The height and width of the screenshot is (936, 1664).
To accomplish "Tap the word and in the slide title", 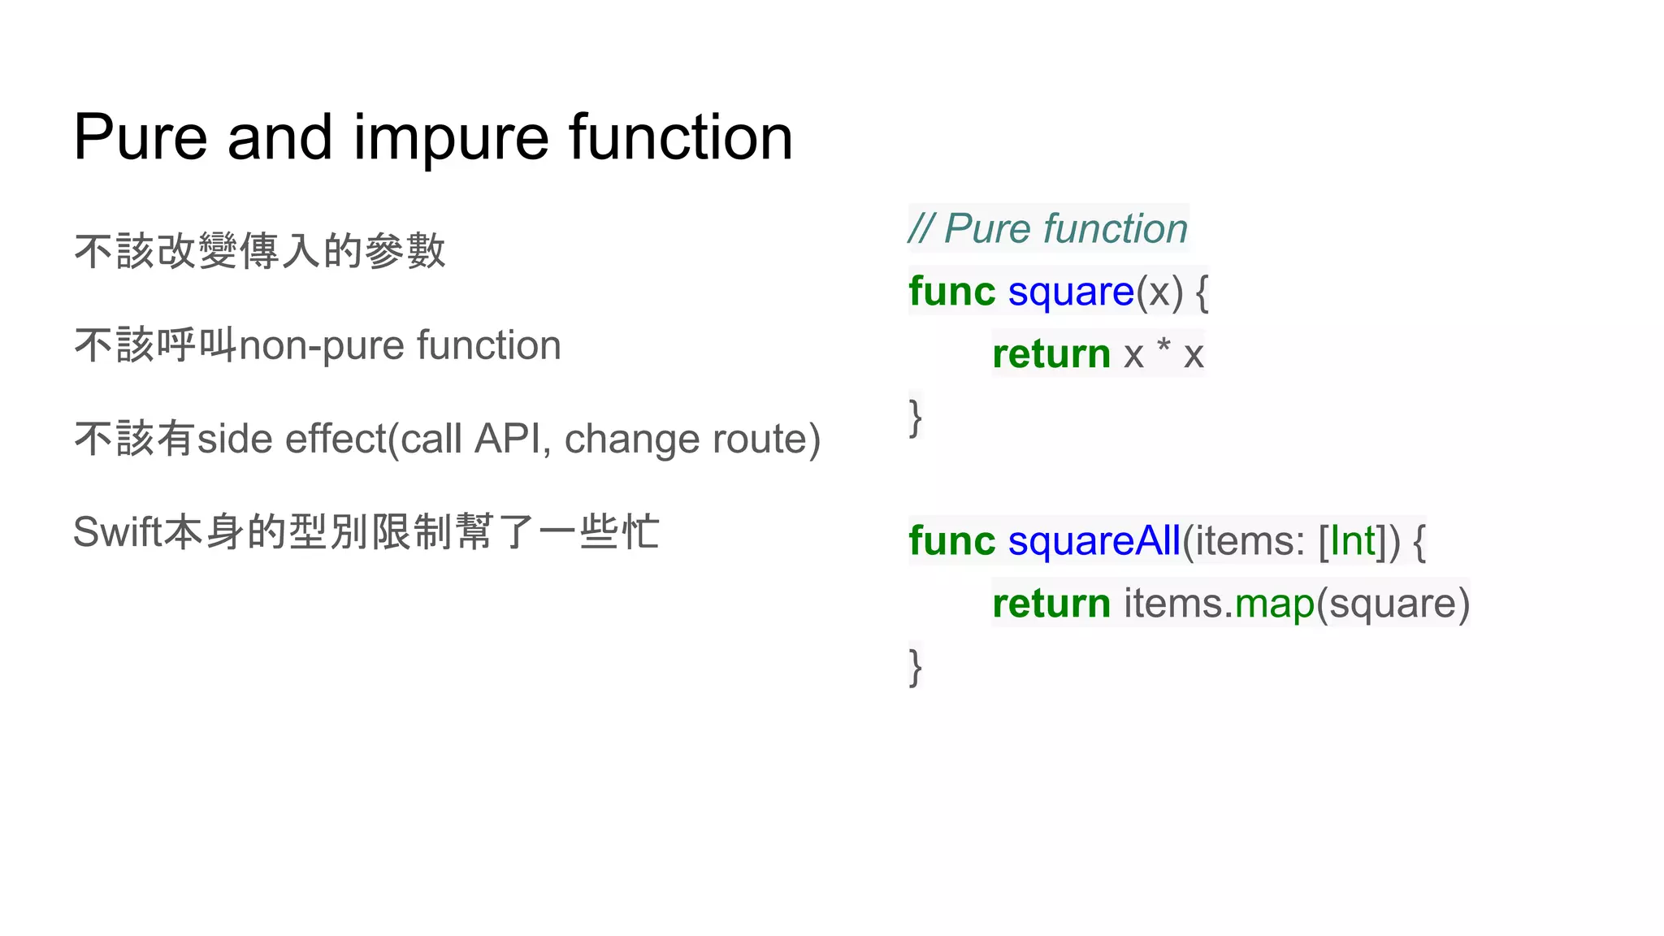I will pyautogui.click(x=279, y=136).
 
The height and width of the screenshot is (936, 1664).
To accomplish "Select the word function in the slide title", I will pyautogui.click(x=680, y=136).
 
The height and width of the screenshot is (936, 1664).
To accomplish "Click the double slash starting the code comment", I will pyautogui.click(x=921, y=228).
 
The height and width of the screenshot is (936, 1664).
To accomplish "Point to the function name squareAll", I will pyautogui.click(x=1094, y=541).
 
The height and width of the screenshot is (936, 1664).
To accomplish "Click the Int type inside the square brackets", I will pyautogui.click(x=1354, y=541).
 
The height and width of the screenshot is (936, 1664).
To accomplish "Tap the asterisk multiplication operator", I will pyautogui.click(x=1163, y=349).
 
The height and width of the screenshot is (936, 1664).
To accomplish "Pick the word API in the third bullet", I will pyautogui.click(x=508, y=440).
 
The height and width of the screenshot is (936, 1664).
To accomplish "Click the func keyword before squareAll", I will pyautogui.click(x=951, y=541).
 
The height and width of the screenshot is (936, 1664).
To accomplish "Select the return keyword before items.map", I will pyautogui.click(x=1051, y=604).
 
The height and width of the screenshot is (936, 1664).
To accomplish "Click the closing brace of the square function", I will pyautogui.click(x=916, y=417).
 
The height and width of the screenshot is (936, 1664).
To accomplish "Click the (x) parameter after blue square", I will pyautogui.click(x=1159, y=292).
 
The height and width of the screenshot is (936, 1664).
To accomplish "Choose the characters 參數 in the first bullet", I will pyautogui.click(x=405, y=251).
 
